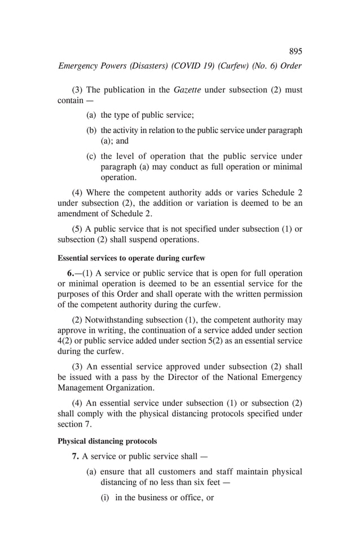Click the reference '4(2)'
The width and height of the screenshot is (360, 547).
pos(67,341)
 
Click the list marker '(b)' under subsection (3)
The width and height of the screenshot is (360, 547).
pos(91,130)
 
